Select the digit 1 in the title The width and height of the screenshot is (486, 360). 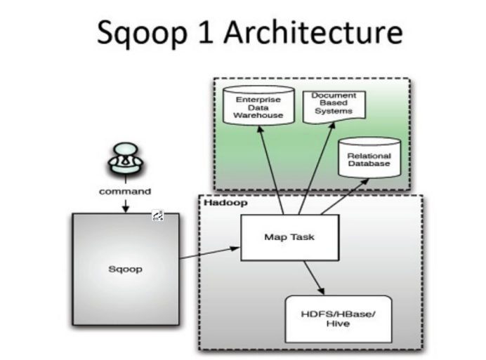click(206, 32)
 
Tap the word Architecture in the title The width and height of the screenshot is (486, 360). click(313, 32)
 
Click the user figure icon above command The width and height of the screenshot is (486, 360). click(126, 159)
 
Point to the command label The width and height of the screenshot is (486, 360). click(125, 192)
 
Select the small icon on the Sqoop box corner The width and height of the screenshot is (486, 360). click(158, 215)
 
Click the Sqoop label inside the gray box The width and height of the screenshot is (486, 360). click(126, 269)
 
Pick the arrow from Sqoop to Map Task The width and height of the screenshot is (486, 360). click(210, 253)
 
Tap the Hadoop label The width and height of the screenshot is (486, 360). click(225, 203)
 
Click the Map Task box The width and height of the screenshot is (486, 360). click(290, 237)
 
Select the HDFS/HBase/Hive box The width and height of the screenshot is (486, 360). click(338, 319)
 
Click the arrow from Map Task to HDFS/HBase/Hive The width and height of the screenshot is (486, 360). click(314, 278)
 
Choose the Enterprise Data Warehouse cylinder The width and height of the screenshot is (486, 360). click(258, 105)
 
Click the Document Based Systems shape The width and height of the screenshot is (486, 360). click(334, 107)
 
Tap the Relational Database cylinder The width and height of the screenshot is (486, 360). click(369, 158)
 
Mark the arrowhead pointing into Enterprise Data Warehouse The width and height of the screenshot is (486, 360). click(261, 129)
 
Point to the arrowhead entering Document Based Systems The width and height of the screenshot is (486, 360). click(332, 126)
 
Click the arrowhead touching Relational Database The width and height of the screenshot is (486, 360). click(364, 182)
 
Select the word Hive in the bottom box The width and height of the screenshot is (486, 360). click(338, 324)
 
